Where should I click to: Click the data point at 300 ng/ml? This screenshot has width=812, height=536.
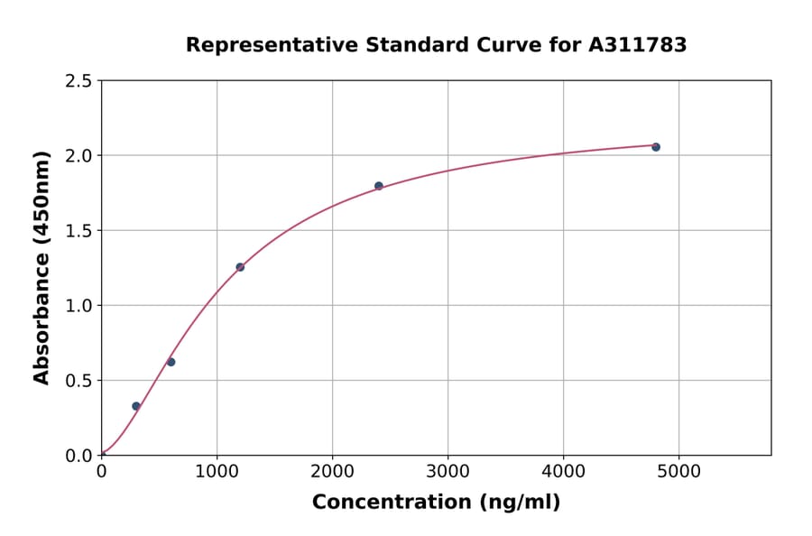tap(136, 406)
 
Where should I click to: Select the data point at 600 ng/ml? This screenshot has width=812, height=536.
tap(171, 362)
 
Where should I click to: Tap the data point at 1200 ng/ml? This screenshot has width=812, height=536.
tap(240, 267)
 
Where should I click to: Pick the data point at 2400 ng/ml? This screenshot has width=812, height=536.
tap(379, 186)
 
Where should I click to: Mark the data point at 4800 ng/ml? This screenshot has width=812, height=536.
tap(656, 147)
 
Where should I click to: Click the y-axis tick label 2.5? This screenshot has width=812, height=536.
tap(78, 81)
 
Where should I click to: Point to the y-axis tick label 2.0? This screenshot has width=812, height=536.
tap(78, 156)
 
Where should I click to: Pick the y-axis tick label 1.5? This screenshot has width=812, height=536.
tap(78, 231)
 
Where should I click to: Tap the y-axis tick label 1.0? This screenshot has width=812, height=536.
tap(78, 306)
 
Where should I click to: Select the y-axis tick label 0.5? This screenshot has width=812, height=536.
tap(78, 381)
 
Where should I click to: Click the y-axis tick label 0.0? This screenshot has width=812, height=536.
tap(78, 456)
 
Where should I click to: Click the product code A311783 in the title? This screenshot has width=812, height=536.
tap(638, 45)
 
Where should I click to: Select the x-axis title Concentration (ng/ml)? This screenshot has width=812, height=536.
tap(436, 503)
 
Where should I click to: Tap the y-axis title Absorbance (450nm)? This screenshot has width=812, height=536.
tap(42, 268)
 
